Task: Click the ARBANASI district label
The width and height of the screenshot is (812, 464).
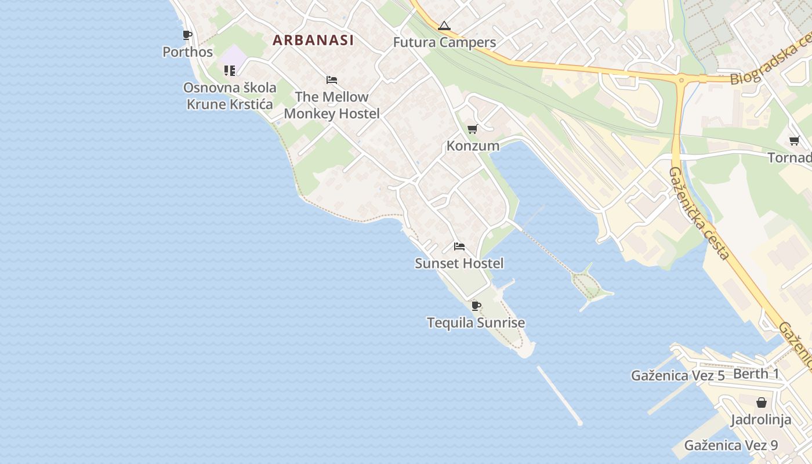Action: pyautogui.click(x=313, y=40)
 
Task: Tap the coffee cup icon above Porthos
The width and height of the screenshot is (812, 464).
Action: pyautogui.click(x=187, y=35)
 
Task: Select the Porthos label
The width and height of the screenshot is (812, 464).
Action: pyautogui.click(x=187, y=52)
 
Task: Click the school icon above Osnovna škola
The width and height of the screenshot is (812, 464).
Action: pyautogui.click(x=230, y=71)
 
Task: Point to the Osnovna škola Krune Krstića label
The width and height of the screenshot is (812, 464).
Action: pyautogui.click(x=230, y=96)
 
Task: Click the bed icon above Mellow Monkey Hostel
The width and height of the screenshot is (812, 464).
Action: pyautogui.click(x=332, y=80)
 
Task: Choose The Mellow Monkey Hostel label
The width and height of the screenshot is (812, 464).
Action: pyautogui.click(x=332, y=105)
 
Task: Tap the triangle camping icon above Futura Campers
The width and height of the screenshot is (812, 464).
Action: pyautogui.click(x=444, y=26)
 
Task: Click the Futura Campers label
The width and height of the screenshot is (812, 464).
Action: pyautogui.click(x=444, y=42)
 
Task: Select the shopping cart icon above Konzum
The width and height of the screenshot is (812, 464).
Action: pyautogui.click(x=472, y=129)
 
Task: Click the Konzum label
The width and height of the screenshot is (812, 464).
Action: pyautogui.click(x=473, y=146)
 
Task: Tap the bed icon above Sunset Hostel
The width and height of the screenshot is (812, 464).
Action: pyautogui.click(x=459, y=246)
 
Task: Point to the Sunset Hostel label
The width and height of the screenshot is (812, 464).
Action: pyautogui.click(x=459, y=263)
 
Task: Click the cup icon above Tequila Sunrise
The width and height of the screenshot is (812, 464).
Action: pyautogui.click(x=476, y=306)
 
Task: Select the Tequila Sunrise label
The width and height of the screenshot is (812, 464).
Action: pyautogui.click(x=476, y=322)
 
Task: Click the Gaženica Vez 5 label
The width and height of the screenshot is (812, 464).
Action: pyautogui.click(x=678, y=375)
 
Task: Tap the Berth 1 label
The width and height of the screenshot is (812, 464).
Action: pyautogui.click(x=757, y=374)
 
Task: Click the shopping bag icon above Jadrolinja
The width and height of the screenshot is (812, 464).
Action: pyautogui.click(x=761, y=403)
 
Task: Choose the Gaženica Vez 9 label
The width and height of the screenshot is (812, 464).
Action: pyautogui.click(x=731, y=445)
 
